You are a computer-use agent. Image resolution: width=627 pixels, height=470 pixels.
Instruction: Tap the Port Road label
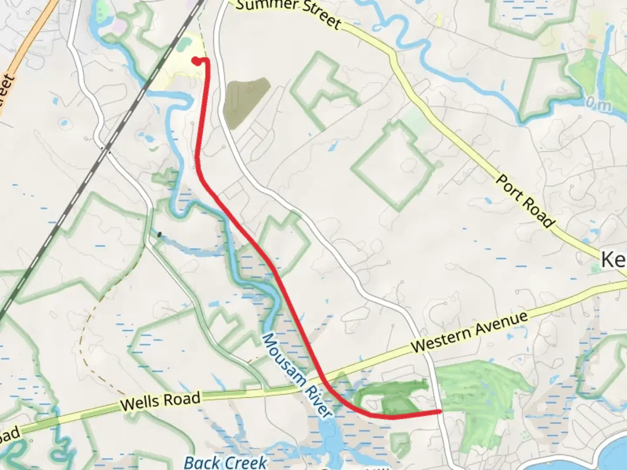[x=526, y=201]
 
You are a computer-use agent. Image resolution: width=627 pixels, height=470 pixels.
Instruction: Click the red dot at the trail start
[x=197, y=61]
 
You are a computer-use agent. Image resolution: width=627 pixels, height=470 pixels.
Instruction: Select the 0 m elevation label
[x=598, y=104]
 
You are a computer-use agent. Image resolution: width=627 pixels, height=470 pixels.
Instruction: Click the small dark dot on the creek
[x=159, y=235]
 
